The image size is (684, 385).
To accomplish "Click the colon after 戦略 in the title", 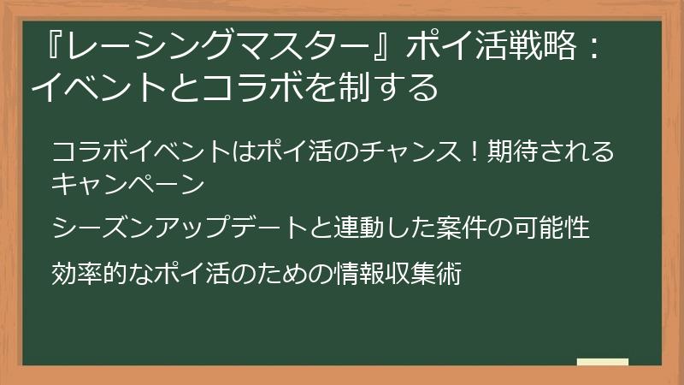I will point(590,49).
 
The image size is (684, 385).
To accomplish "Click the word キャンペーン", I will point(128,182).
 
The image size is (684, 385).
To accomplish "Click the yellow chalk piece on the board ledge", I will point(602,362).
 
